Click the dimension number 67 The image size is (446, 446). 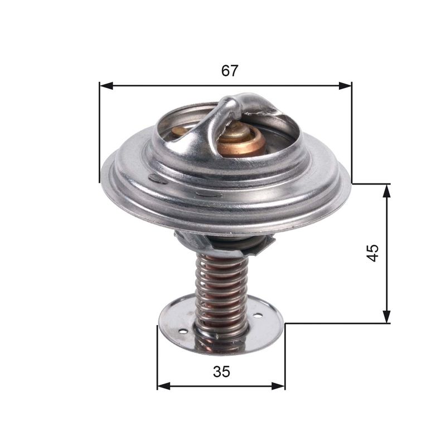pos(230,71)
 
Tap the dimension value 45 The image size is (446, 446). pos(373,253)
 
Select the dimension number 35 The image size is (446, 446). pos(221,372)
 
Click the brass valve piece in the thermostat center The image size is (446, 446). pos(241,142)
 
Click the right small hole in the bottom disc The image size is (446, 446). pos(258,316)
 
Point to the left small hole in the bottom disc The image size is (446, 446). pos(182,333)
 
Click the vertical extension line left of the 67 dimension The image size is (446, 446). pos(99,134)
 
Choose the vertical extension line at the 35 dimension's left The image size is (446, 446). pos(157,357)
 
